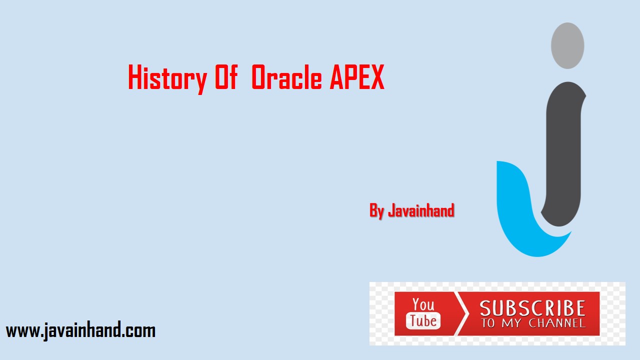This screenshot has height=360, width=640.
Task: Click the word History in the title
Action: coord(167,78)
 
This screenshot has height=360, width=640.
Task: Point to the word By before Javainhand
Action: coord(376,210)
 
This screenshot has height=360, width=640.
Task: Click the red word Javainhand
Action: coord(421,210)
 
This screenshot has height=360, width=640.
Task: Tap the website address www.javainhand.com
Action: coord(80,330)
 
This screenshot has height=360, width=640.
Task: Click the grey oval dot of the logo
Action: coord(567,45)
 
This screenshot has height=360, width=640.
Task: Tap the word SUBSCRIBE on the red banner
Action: coord(532,308)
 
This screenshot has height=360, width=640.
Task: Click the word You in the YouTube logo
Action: coord(423,304)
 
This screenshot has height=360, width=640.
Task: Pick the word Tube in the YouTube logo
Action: coord(423,320)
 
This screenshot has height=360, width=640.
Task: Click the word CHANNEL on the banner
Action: coord(556,323)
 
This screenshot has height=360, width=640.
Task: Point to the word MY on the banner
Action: coord(511,323)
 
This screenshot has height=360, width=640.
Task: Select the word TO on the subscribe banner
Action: coord(488,323)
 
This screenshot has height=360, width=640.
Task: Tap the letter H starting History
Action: coord(134,78)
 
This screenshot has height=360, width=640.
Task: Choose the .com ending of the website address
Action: coord(139,330)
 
